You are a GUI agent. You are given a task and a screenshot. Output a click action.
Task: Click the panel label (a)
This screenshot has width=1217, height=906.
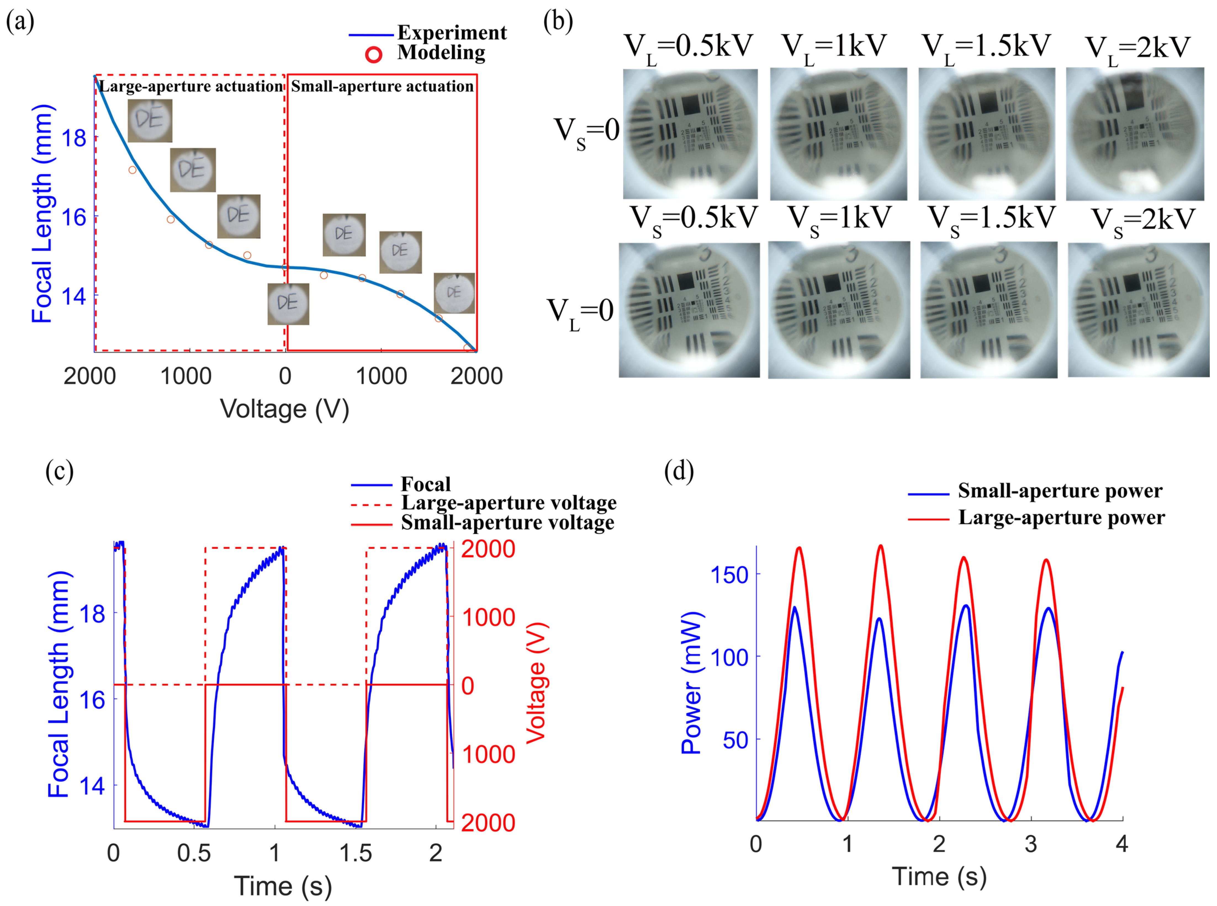20,22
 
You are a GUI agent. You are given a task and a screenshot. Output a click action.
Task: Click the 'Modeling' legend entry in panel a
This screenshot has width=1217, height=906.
441,53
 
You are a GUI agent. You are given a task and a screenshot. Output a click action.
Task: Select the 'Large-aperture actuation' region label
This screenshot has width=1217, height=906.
191,86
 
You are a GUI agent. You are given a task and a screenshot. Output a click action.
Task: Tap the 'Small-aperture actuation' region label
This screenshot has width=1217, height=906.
382,86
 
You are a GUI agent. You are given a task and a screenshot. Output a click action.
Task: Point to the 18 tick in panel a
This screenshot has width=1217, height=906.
74,138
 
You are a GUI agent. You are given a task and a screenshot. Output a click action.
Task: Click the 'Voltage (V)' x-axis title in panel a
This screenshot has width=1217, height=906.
284,409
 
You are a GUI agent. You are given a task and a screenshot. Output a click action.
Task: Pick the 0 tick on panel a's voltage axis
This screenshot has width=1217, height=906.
285,376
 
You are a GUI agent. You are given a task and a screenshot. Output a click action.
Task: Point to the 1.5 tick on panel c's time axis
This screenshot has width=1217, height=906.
355,853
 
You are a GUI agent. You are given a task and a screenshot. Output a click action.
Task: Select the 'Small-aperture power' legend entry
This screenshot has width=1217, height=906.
1060,491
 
